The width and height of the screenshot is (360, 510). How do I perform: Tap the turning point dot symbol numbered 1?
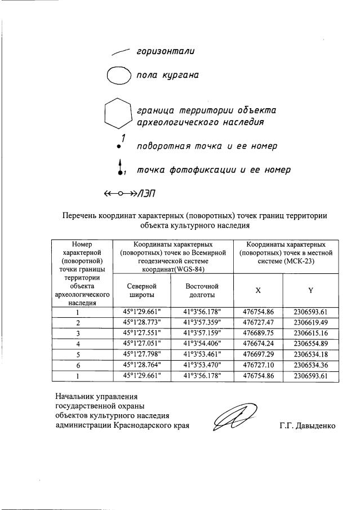click(x=119, y=146)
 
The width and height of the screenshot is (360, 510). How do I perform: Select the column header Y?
click(x=310, y=290)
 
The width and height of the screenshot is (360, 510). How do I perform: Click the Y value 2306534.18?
click(x=310, y=353)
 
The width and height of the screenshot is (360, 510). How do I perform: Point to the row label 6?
click(x=78, y=363)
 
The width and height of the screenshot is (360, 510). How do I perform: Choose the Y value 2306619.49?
click(x=310, y=323)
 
